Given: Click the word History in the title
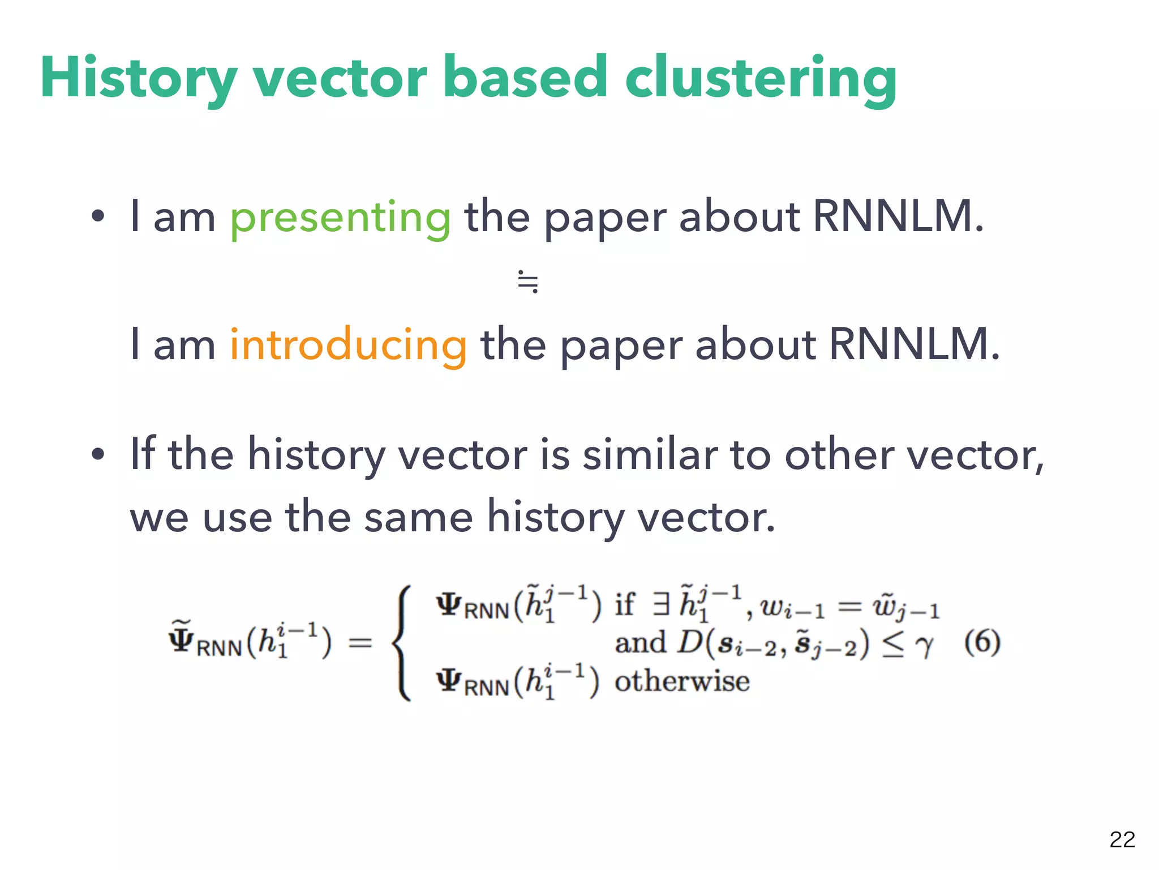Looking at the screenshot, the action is pos(139,78).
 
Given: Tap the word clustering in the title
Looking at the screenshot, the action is pos(761,78).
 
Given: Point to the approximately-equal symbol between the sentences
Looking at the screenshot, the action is pos(527,282).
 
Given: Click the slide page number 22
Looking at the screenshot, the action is pos(1122,839).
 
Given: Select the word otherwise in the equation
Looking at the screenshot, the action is pos(682,680).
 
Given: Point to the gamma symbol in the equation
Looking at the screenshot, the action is pos(924,645).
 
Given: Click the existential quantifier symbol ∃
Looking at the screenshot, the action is pos(660,604).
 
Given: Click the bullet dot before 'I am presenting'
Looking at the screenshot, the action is pos(98,216).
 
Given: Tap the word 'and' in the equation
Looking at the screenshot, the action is pos(640,642).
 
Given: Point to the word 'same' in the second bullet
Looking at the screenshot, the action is pos(418,517).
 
